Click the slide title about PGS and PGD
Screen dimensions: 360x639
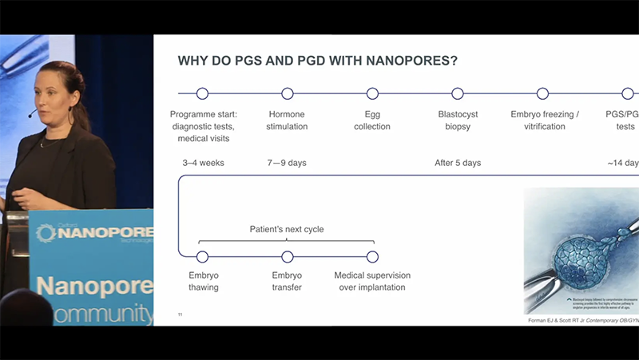pos(317,61)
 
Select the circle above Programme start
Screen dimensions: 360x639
pos(202,93)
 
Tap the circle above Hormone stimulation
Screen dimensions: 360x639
pos(288,93)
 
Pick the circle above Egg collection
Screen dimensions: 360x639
pos(372,93)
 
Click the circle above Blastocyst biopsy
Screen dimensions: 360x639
pos(458,93)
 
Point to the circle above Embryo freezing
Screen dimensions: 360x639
pos(543,93)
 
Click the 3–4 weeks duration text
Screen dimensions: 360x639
pos(203,163)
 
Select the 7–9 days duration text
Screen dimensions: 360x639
pos(287,163)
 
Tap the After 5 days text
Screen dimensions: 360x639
pos(458,163)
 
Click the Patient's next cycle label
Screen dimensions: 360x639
pos(287,229)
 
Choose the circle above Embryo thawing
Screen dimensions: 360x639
pos(202,256)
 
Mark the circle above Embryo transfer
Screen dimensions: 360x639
pos(288,256)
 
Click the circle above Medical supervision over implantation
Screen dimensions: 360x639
pos(372,256)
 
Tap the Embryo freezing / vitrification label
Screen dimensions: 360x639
pos(543,121)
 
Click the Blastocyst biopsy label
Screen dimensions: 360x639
pos(458,121)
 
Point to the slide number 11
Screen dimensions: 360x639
pos(180,315)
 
